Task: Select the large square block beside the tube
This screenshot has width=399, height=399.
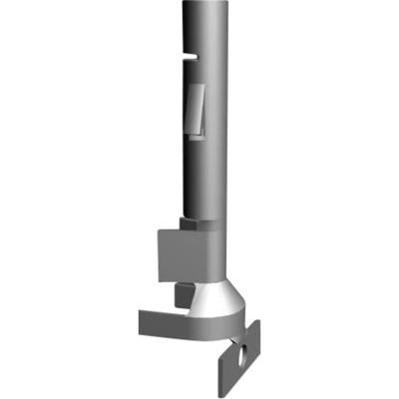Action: coord(185,253)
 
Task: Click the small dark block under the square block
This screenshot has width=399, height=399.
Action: coord(184,293)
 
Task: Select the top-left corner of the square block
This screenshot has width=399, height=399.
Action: coord(159,230)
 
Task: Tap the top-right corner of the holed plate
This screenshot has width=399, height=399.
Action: coord(258,322)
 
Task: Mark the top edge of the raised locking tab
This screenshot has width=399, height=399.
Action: coord(196,87)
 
